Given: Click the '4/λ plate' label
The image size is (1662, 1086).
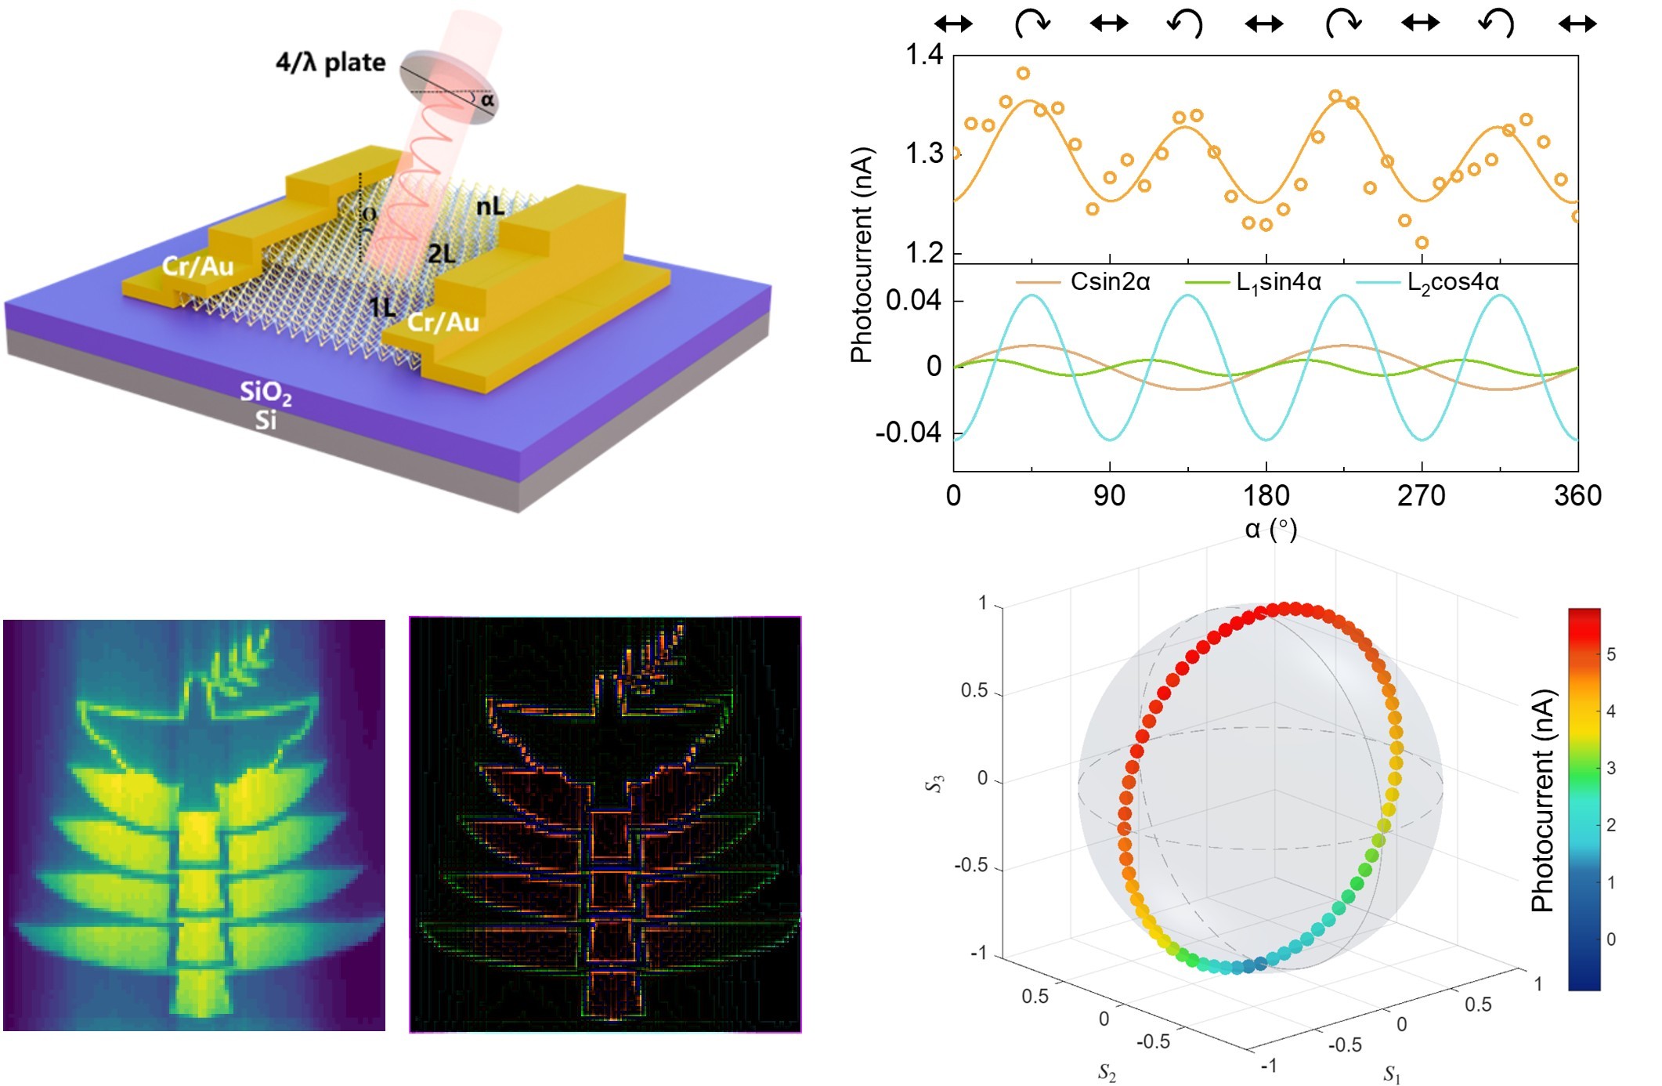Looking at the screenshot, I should [x=330, y=62].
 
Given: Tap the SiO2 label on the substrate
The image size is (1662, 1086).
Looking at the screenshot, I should [x=266, y=392].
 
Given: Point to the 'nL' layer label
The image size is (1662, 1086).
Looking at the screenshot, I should [x=491, y=207].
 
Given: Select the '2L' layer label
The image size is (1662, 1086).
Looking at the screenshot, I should [x=442, y=254].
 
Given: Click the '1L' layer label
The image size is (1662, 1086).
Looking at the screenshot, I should [x=383, y=307].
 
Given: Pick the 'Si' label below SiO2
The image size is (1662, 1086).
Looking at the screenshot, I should [x=266, y=421].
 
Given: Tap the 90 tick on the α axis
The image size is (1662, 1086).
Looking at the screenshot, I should [x=1109, y=496].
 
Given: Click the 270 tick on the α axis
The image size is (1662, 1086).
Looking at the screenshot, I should [x=1422, y=496].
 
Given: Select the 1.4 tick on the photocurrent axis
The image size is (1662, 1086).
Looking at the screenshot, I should [x=924, y=55].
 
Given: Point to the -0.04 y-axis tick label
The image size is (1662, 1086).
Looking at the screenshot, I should [x=908, y=433].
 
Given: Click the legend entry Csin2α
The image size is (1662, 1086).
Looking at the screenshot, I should [x=1110, y=281].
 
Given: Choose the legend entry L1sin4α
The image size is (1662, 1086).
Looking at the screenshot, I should [x=1278, y=282].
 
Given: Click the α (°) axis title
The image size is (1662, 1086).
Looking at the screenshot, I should [x=1270, y=530].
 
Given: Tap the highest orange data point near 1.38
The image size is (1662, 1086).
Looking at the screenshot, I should [x=1023, y=74].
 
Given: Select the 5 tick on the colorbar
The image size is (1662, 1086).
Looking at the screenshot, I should [x=1611, y=654].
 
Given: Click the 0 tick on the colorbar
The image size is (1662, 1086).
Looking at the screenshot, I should [x=1611, y=939].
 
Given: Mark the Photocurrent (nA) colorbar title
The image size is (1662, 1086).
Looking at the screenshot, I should [x=1542, y=800].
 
